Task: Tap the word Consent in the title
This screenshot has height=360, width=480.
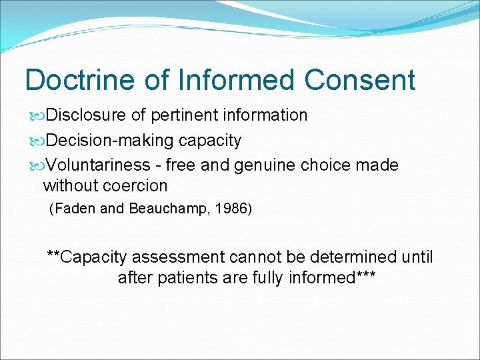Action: point(360,80)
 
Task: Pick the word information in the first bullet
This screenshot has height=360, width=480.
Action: point(265,115)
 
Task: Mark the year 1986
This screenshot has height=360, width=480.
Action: point(229,209)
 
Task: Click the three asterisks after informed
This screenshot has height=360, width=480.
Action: point(365,276)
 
